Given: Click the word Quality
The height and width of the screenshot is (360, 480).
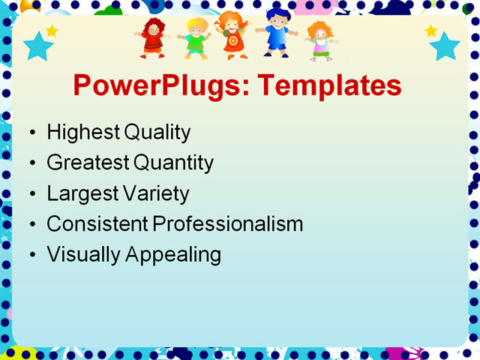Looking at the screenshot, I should point(157,133).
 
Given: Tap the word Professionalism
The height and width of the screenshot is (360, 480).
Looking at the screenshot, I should point(228,223).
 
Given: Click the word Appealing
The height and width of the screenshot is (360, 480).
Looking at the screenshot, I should point(173,254).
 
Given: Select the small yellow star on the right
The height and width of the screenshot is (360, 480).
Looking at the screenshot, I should point(431,31).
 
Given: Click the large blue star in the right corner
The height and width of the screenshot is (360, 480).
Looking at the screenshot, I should point(445,46).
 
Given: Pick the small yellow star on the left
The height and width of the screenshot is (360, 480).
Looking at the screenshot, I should point(52,31).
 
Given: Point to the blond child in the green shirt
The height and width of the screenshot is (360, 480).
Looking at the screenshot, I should point(196,38).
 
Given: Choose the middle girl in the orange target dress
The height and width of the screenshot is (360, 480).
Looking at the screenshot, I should point(232,35).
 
